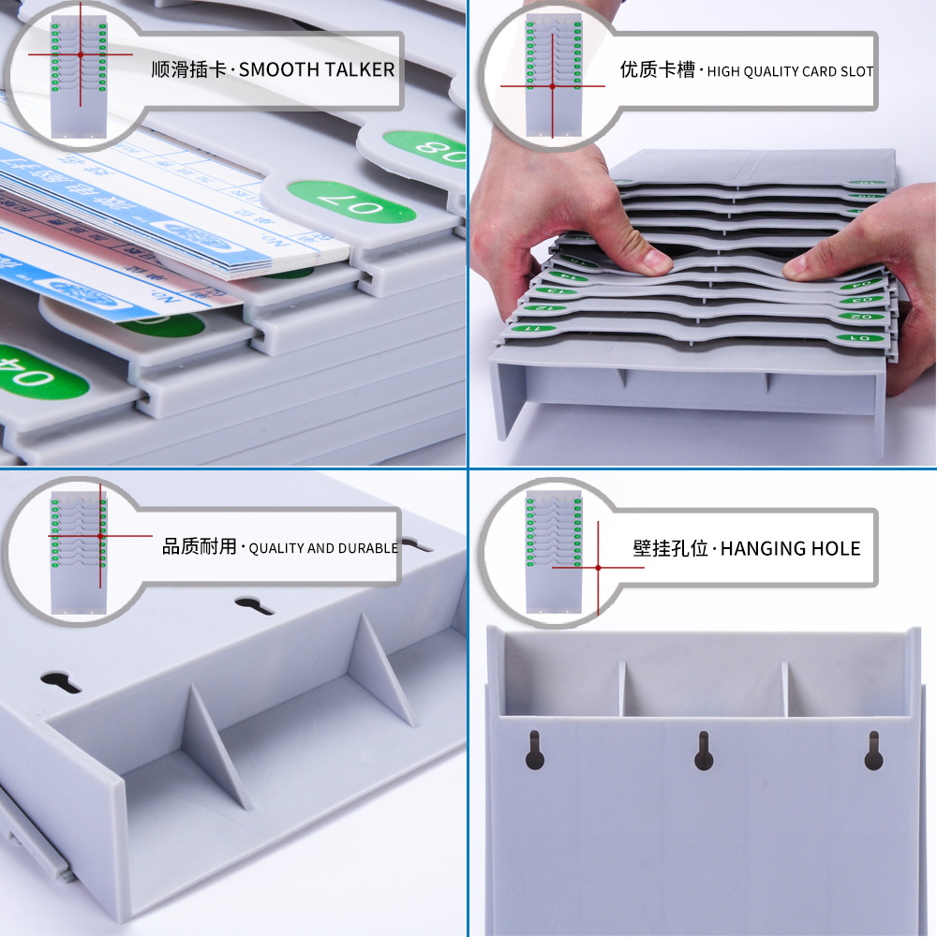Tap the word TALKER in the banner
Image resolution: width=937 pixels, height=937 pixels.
[360, 69]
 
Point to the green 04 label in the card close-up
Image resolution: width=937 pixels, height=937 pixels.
[42, 375]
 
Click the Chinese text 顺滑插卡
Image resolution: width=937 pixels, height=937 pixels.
[188, 69]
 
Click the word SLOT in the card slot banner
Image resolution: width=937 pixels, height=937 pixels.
[856, 71]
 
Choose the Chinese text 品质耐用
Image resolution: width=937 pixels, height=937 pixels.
[200, 547]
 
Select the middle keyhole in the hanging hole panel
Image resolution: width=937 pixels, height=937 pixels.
[704, 751]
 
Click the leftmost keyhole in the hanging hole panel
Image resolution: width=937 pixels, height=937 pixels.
[534, 750]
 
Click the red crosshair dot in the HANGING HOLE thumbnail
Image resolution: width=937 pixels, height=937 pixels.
[598, 567]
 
